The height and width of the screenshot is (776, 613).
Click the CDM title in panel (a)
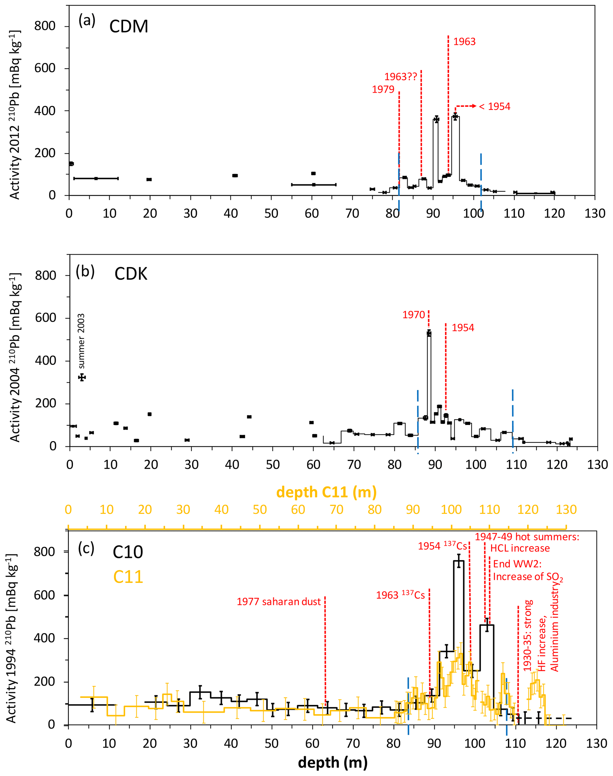[x=128, y=27]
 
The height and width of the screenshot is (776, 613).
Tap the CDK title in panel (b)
[x=131, y=274]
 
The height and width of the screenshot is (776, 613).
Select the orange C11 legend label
[x=128, y=577]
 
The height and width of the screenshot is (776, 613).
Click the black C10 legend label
[x=128, y=552]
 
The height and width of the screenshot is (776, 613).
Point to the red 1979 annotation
[x=383, y=89]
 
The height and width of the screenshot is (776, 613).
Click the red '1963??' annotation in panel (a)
[x=401, y=77]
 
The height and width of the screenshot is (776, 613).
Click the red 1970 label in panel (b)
[x=413, y=315]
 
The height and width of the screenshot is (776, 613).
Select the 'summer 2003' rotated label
[x=82, y=341]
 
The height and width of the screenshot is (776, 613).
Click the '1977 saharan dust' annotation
[x=278, y=602]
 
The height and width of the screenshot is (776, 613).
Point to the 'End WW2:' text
[x=517, y=564]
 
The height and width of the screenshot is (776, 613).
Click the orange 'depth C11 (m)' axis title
[x=326, y=492]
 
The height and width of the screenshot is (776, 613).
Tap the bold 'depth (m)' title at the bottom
[x=333, y=762]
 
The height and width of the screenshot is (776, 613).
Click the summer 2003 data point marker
[x=82, y=377]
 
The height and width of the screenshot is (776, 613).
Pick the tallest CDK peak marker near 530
[x=429, y=333]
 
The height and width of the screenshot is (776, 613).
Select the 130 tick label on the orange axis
[x=566, y=509]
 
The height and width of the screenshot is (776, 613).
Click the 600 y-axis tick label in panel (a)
[x=45, y=68]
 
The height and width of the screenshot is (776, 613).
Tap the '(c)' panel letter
[x=86, y=549]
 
